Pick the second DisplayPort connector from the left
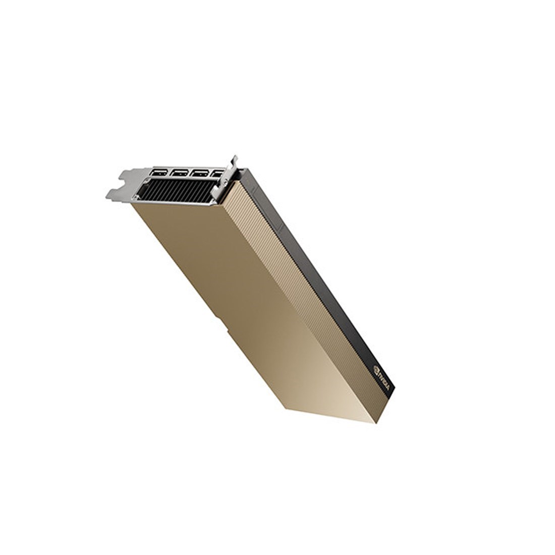(x=179, y=173)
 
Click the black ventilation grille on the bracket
(x=177, y=191)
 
